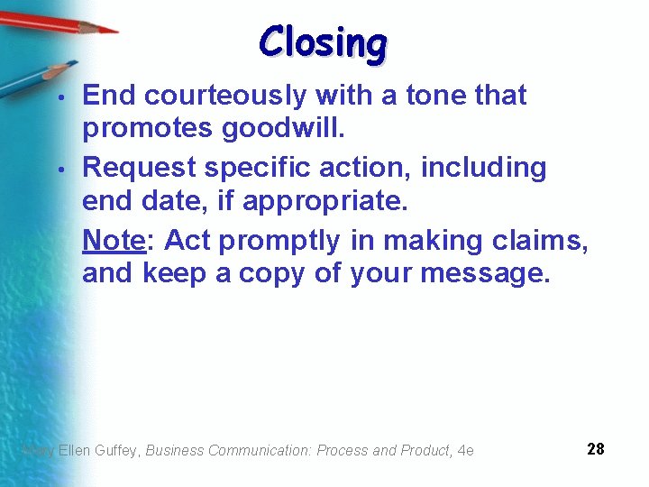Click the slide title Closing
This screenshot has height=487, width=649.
323,42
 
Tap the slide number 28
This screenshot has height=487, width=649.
595,448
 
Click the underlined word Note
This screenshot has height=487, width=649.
114,240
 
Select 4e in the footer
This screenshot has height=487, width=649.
465,450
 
